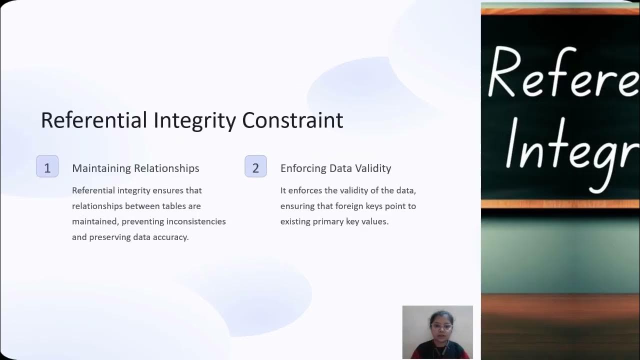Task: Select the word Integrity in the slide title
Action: pyautogui.click(x=194, y=120)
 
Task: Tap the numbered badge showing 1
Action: pyautogui.click(x=47, y=167)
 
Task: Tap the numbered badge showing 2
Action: pyautogui.click(x=255, y=167)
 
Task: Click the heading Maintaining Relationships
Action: pyautogui.click(x=135, y=168)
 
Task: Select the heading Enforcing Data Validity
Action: pyautogui.click(x=335, y=168)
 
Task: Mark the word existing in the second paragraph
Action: pyautogui.click(x=295, y=221)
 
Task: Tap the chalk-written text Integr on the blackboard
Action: pyautogui.click(x=570, y=145)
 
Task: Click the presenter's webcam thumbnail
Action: pyautogui.click(x=437, y=332)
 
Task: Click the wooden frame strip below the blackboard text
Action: pyautogui.click(x=560, y=204)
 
